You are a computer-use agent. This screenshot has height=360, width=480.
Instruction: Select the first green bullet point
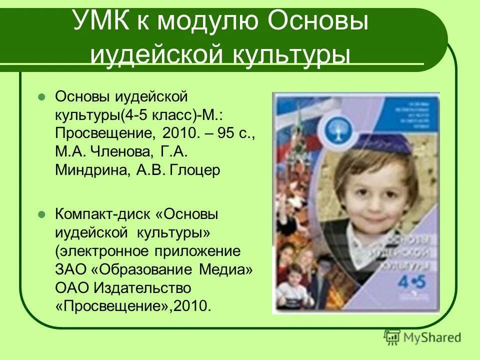(x=42, y=95)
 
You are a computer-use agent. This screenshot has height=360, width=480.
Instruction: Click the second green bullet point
(x=42, y=214)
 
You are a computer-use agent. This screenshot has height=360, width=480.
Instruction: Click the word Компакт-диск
(x=102, y=214)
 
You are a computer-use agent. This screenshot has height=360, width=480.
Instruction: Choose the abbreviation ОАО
(x=70, y=288)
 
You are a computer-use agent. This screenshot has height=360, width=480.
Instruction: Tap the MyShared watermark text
(x=433, y=337)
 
